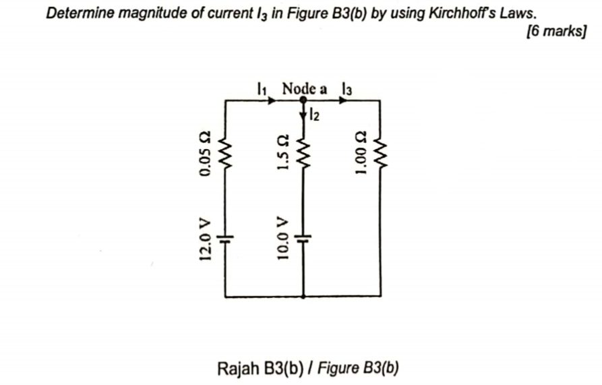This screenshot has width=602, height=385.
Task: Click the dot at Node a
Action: click(x=303, y=100)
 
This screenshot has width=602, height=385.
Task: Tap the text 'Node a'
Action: click(x=304, y=88)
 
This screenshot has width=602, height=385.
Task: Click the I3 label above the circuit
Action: click(x=347, y=88)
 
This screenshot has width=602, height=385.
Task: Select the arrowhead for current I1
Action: click(x=272, y=100)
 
